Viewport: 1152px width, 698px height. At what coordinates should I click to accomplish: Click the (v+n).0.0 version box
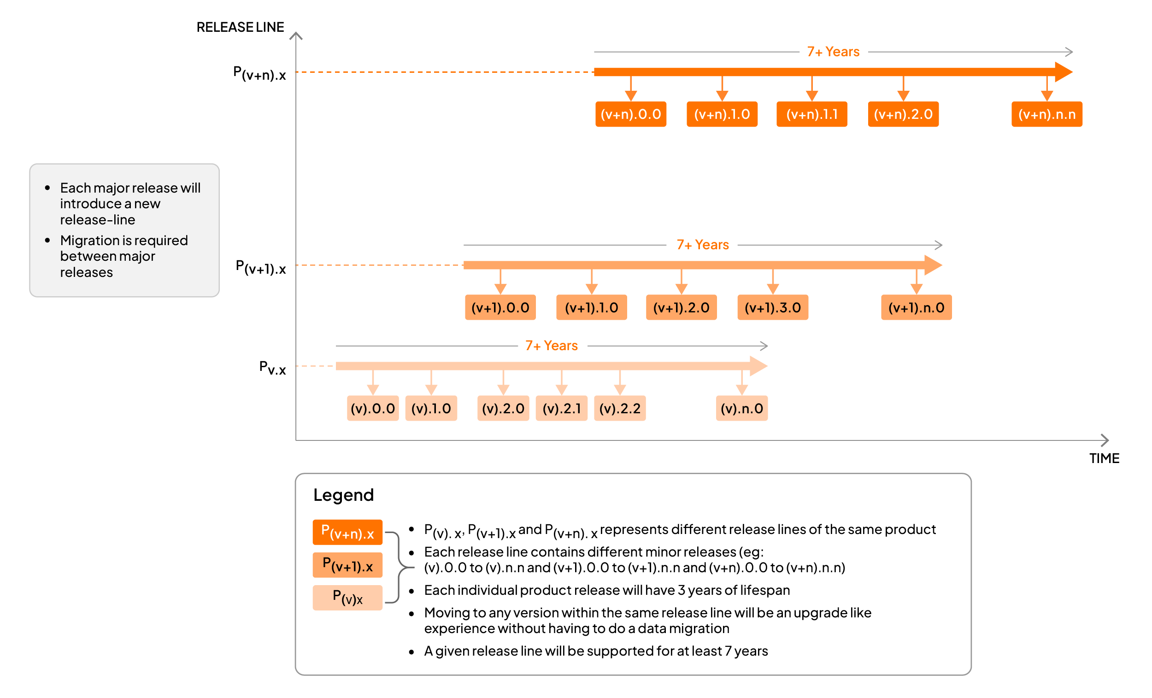[x=630, y=114]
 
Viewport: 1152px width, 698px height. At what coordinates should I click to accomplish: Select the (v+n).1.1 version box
[x=811, y=114]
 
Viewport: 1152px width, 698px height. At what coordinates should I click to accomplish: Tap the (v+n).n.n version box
[x=1046, y=114]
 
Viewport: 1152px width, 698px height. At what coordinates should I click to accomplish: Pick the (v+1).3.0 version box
[x=772, y=308]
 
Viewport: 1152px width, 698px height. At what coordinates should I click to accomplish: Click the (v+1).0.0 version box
[x=500, y=308]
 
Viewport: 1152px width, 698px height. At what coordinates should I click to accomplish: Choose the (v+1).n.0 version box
[x=916, y=308]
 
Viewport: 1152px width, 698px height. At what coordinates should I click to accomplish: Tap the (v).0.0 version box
[x=373, y=409]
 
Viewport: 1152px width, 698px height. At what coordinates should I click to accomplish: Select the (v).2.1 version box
[x=561, y=409]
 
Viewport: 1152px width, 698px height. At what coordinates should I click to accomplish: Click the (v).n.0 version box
[x=741, y=409]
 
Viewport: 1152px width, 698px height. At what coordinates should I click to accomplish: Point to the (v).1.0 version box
[x=430, y=409]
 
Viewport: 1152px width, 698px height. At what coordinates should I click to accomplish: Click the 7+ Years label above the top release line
[x=833, y=52]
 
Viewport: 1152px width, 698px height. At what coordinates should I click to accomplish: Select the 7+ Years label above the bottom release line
[x=552, y=346]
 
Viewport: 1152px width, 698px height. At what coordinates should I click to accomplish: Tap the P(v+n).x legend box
[x=347, y=532]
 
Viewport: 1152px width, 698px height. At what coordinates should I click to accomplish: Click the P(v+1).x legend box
[x=347, y=565]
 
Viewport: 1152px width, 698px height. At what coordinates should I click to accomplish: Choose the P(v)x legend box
[x=347, y=598]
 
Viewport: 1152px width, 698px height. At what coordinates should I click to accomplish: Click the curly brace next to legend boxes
[x=400, y=567]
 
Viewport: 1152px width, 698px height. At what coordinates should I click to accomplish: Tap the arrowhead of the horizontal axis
[x=1106, y=440]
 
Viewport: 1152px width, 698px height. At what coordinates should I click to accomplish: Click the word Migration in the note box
[x=89, y=240]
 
